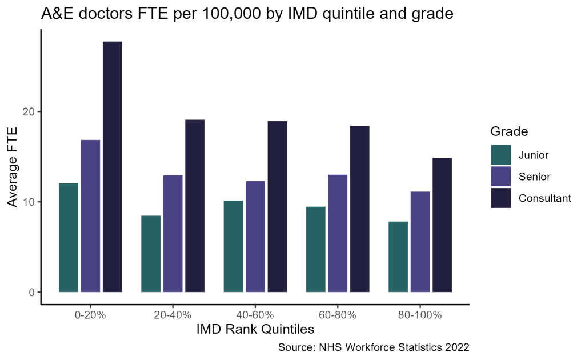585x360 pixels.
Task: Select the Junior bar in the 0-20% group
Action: (x=69, y=237)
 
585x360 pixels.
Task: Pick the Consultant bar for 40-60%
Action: (x=277, y=206)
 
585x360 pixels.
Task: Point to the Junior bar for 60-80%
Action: (x=315, y=249)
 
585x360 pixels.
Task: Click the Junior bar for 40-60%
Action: (x=233, y=246)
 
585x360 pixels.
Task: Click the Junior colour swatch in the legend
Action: (x=501, y=154)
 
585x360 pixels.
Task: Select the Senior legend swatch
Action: (x=501, y=176)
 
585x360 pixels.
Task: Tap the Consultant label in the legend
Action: (x=544, y=198)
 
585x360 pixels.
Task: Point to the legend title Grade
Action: (x=508, y=132)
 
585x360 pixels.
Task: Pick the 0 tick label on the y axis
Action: (x=32, y=293)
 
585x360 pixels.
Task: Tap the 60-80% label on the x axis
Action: (x=338, y=315)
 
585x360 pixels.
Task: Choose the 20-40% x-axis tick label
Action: (x=173, y=315)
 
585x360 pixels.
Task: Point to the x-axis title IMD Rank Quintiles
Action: (x=255, y=330)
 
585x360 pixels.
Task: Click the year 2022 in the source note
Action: (x=456, y=347)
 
